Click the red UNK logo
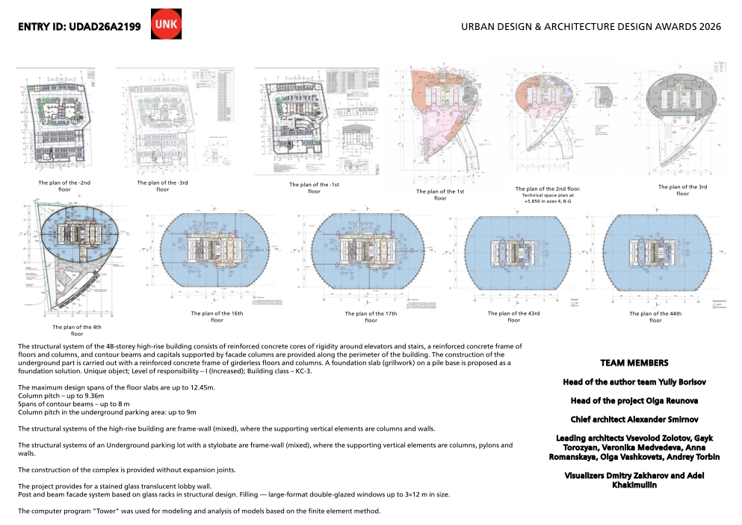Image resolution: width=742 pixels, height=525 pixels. [x=166, y=24]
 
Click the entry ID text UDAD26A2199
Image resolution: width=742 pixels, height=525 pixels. [x=105, y=27]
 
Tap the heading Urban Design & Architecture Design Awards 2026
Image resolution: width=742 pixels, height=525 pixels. [x=591, y=27]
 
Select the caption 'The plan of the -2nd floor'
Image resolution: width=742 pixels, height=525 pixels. [x=64, y=185]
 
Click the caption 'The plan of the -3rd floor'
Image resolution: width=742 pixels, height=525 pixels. [x=162, y=185]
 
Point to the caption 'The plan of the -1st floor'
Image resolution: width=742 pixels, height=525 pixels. [x=314, y=188]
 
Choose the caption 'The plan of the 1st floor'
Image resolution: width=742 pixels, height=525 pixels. [x=440, y=194]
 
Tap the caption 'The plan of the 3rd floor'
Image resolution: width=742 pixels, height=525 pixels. [x=682, y=190]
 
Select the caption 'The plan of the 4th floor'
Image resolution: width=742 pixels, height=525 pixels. [x=77, y=330]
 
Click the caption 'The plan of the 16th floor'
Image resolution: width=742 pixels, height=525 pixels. [x=217, y=316]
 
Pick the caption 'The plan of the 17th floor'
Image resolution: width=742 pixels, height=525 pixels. [x=371, y=316]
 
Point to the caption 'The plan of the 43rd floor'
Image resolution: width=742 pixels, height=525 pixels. [x=513, y=316]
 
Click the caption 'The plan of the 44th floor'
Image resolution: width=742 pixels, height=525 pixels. [x=655, y=316]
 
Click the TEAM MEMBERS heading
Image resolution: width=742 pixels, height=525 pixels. [x=634, y=363]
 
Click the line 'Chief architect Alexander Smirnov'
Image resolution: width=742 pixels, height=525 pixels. [x=634, y=420]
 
